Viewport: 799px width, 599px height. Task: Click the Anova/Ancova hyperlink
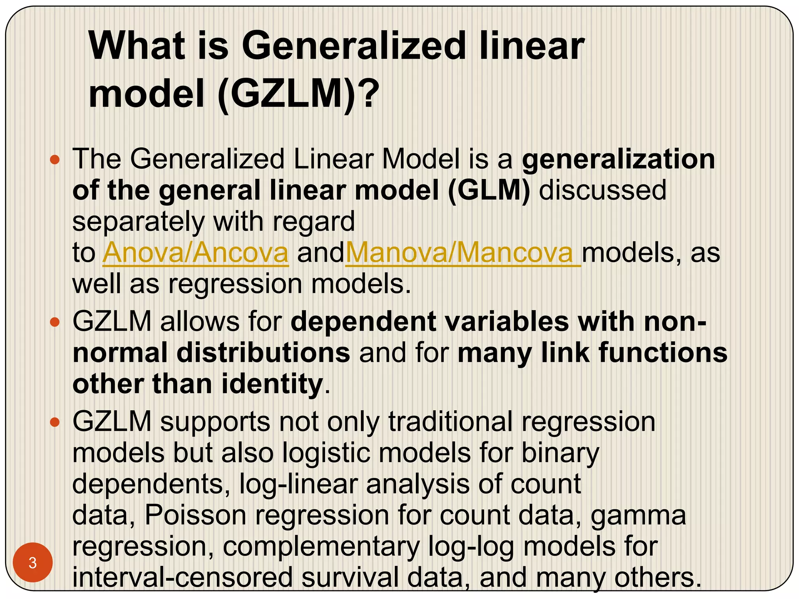pyautogui.click(x=195, y=253)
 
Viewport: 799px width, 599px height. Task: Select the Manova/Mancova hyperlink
pyautogui.click(x=463, y=253)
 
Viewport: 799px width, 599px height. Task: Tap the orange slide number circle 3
pyautogui.click(x=33, y=563)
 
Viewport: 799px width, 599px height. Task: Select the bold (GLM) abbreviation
pyautogui.click(x=489, y=190)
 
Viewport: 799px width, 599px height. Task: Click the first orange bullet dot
pyautogui.click(x=55, y=159)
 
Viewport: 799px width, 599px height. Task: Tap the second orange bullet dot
pyautogui.click(x=55, y=322)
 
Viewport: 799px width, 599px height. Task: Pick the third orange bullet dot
pyautogui.click(x=55, y=422)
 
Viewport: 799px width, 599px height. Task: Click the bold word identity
pyautogui.click(x=272, y=384)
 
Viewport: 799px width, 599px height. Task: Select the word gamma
pyautogui.click(x=638, y=515)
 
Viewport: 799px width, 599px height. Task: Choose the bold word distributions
pyautogui.click(x=263, y=353)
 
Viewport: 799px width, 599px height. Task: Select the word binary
pyautogui.click(x=560, y=453)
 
